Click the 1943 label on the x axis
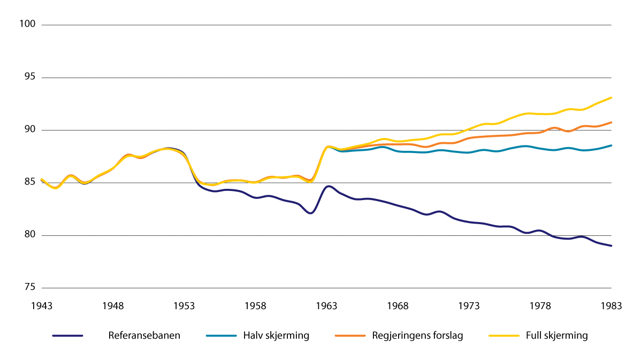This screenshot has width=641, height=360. click(42, 306)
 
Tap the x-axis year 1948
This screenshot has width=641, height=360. click(113, 306)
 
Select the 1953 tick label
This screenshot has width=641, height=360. click(184, 306)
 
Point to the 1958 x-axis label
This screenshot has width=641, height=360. click(255, 306)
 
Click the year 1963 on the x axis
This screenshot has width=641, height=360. click(327, 306)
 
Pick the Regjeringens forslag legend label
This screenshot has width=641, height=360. click(417, 336)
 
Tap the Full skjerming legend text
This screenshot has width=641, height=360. click(557, 336)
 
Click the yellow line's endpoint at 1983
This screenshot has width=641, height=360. click(612, 98)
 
